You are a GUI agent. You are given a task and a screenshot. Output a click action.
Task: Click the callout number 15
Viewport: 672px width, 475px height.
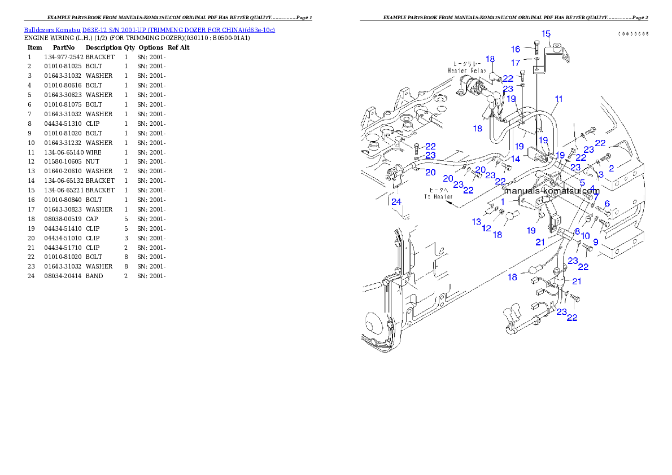546,34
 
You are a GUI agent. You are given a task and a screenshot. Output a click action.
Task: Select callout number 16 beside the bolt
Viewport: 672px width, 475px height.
516,50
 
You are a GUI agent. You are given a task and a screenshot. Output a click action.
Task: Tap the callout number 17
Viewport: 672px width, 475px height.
516,63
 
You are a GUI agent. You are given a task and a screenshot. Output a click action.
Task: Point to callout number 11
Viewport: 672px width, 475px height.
558,99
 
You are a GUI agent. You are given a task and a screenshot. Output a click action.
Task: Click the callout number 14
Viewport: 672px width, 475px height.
516,159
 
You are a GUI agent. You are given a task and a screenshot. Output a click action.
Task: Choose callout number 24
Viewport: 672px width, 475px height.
396,201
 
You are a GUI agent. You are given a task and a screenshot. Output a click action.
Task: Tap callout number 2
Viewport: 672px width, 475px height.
611,168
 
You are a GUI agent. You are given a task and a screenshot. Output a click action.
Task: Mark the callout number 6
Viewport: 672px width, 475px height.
607,204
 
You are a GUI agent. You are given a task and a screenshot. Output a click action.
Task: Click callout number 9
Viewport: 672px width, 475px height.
595,241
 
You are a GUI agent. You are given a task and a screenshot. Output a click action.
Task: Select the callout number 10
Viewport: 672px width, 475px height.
585,235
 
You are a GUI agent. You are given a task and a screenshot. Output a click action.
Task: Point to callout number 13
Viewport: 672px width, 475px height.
477,222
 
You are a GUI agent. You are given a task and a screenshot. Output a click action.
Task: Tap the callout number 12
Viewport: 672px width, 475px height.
486,228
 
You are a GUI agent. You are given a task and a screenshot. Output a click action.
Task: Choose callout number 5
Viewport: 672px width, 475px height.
582,183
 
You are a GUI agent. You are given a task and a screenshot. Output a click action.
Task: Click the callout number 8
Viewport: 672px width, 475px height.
577,231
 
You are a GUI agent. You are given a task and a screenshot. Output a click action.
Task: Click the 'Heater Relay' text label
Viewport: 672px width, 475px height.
466,67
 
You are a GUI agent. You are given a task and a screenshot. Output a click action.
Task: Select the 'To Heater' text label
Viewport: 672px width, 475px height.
438,193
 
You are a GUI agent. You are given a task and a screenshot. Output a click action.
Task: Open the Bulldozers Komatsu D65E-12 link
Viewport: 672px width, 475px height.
149,29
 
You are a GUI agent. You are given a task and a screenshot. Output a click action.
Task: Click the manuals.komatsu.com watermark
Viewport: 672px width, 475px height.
552,191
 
